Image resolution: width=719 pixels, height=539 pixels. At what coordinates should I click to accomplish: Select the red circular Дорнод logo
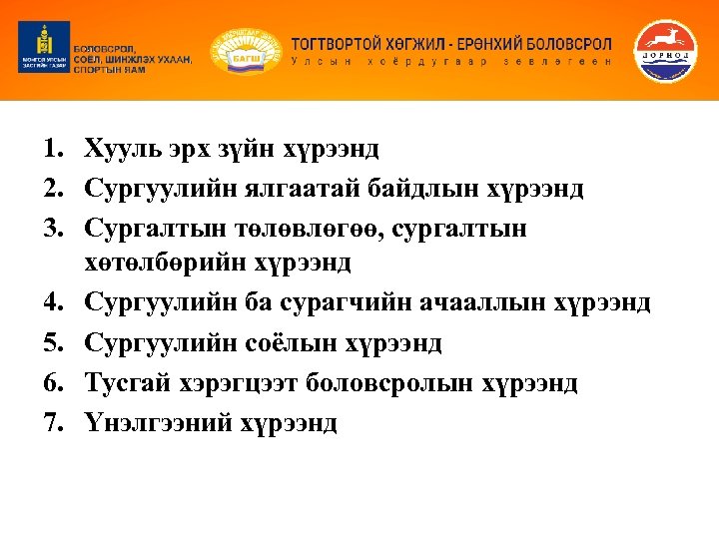pyautogui.click(x=668, y=50)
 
